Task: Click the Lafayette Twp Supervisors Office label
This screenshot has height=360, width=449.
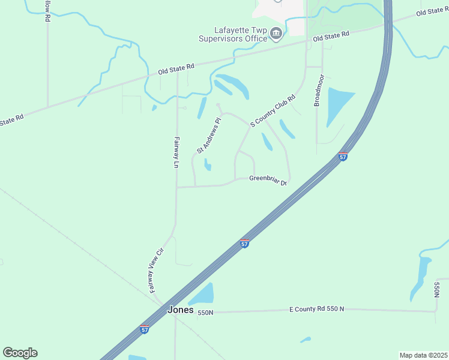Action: (233, 34)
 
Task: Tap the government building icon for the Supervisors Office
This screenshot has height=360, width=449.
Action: (276, 33)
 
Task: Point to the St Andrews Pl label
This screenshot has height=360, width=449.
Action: (209, 135)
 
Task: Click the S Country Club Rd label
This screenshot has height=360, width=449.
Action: (273, 111)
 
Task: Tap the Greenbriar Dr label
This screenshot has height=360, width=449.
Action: (269, 180)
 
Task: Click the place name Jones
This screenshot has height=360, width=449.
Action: (180, 310)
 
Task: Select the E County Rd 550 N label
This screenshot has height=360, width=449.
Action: (316, 309)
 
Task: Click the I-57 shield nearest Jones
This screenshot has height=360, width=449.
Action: (144, 329)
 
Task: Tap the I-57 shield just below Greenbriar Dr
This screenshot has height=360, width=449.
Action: (244, 244)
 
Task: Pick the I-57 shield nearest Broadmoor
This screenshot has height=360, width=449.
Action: (343, 157)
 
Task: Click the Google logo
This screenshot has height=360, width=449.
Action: (20, 352)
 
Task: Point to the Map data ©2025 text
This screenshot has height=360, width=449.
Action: (423, 355)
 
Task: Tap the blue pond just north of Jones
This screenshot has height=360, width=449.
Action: (203, 294)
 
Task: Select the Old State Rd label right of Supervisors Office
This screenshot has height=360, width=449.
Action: (331, 37)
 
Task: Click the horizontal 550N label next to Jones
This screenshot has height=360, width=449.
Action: (205, 313)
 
